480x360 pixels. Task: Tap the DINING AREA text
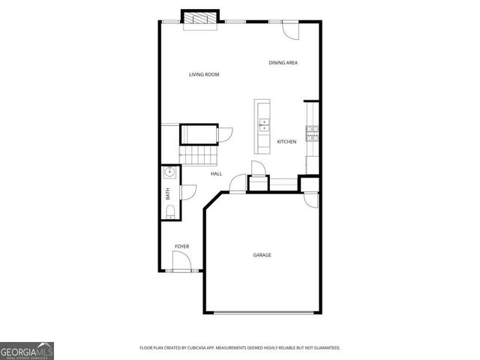(283, 63)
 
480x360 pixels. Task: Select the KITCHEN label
(286, 142)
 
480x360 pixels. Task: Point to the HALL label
(216, 174)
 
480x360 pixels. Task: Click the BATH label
(168, 193)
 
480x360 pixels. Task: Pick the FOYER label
(181, 247)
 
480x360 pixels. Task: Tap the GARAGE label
(262, 255)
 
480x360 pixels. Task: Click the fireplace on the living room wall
(200, 18)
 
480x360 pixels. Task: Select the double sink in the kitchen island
(264, 124)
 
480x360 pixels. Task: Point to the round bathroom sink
(170, 172)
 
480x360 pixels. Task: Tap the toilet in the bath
(170, 211)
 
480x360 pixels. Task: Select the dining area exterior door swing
(290, 31)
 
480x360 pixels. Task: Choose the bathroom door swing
(187, 192)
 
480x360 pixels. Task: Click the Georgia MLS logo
(27, 350)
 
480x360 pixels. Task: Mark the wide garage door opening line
(262, 313)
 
